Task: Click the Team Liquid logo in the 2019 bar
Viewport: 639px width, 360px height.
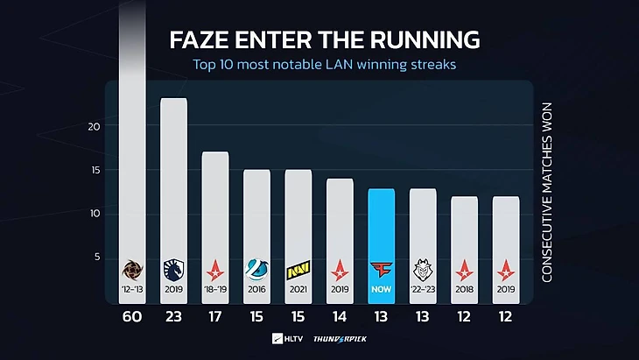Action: point(174,265)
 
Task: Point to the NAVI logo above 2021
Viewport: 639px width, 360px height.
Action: point(298,266)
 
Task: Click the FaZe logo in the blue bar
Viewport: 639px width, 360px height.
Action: point(381,266)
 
